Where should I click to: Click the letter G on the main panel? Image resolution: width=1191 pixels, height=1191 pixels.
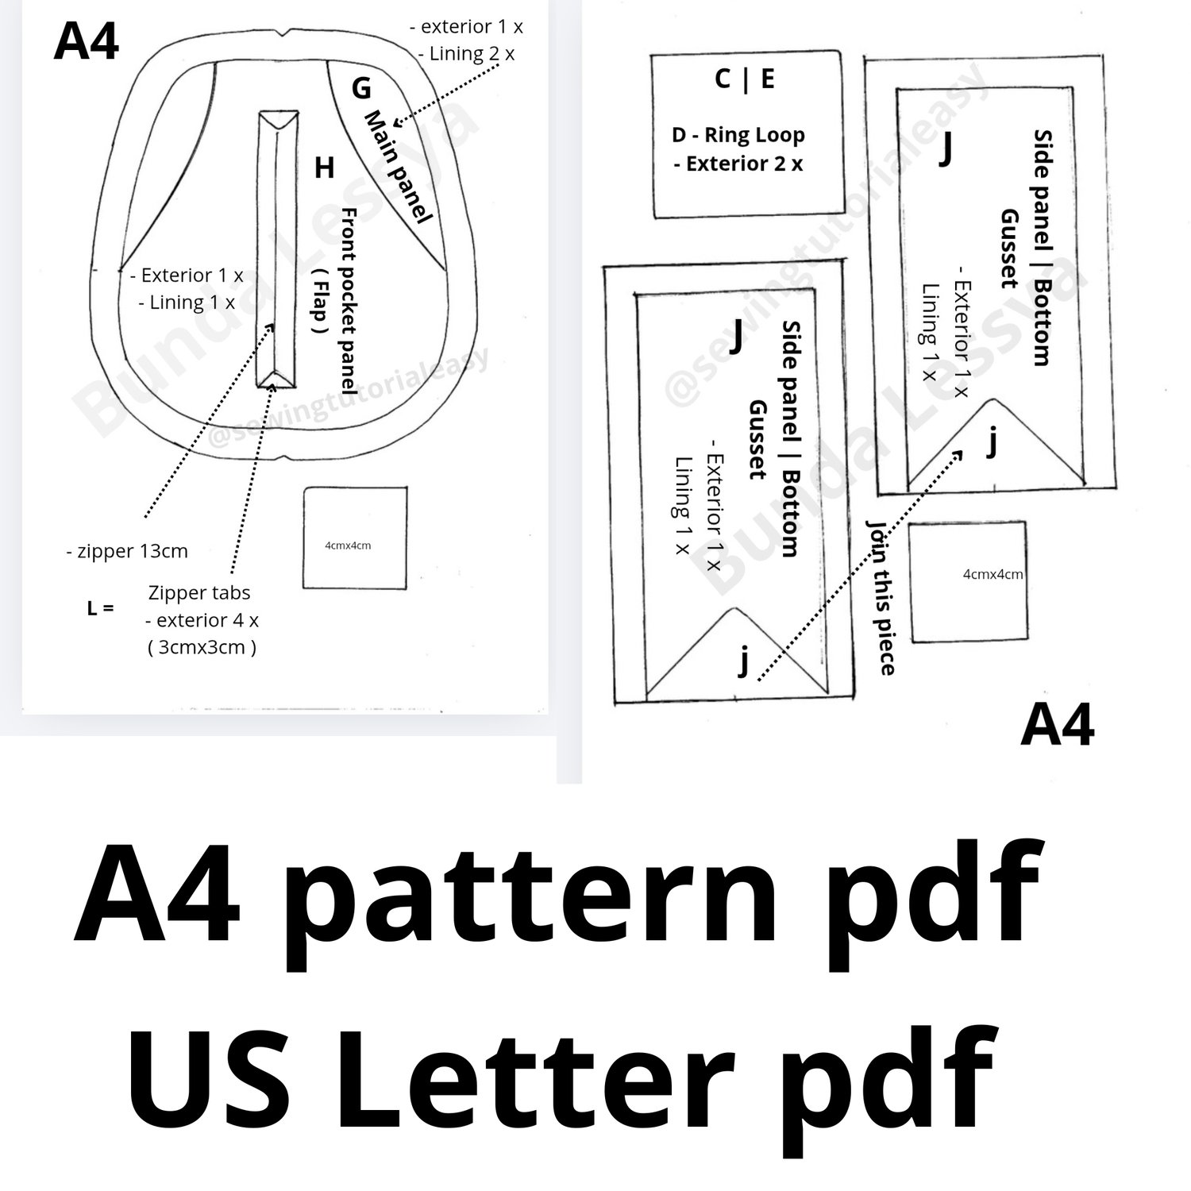coord(361,88)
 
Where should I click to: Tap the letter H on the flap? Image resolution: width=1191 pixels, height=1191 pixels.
coord(324,168)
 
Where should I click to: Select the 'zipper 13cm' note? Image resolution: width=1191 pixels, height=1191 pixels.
coord(127,550)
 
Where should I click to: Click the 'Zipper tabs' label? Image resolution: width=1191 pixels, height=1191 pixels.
coord(199,592)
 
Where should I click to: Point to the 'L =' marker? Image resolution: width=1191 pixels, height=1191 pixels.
coord(100,608)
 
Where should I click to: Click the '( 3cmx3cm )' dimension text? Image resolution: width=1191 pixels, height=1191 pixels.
coord(202,647)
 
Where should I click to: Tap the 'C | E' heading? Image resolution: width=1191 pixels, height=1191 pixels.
coord(745,79)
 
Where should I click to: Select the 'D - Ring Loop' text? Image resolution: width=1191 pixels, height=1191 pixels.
coord(738,135)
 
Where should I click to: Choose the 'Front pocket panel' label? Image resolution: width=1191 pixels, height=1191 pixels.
coord(348,301)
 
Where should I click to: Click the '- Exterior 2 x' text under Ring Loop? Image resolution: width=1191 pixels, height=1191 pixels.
coord(738,164)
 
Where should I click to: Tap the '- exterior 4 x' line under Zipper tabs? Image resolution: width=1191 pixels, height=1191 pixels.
coord(202,619)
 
